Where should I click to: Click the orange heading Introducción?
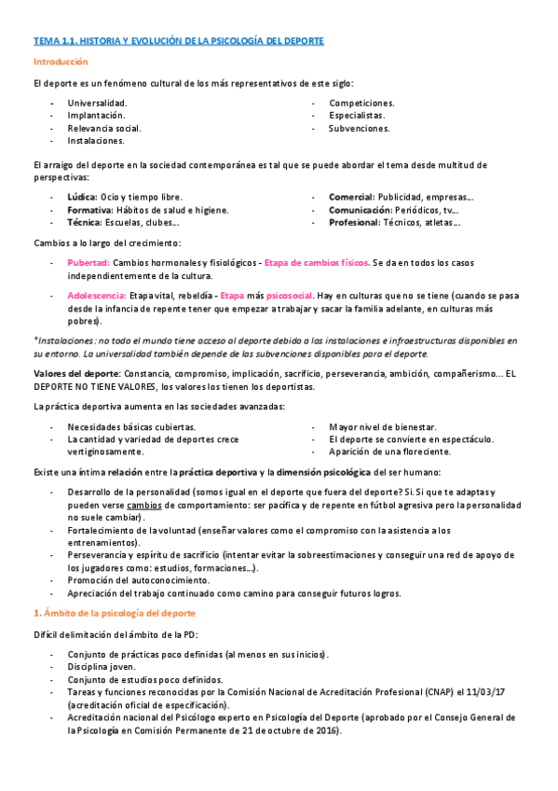60,62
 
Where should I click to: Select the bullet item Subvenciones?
359,128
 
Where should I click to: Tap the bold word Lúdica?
81,197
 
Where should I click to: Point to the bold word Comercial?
350,197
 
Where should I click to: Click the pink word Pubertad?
88,263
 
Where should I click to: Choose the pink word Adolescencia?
97,295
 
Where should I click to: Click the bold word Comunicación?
360,210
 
